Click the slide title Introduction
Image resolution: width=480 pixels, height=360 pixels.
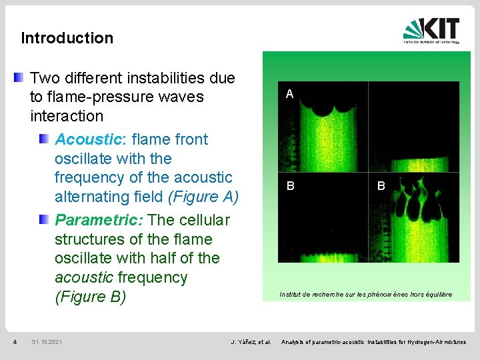(x=67, y=38)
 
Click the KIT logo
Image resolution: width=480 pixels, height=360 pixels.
(x=431, y=30)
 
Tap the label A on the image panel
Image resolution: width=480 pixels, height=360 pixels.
(x=289, y=95)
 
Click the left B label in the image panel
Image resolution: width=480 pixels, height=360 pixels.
(x=290, y=187)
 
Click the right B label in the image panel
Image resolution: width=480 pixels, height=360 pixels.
(x=381, y=187)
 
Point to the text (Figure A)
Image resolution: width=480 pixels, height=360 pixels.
(x=203, y=197)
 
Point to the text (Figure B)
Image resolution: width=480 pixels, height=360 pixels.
(x=90, y=297)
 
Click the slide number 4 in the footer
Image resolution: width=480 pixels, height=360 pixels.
(x=15, y=342)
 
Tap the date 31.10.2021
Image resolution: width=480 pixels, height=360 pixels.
(x=47, y=342)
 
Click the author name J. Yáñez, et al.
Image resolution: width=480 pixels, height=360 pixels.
(x=251, y=342)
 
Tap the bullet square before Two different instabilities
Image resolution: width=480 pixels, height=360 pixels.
(x=19, y=78)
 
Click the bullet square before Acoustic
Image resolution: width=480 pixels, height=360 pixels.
(x=43, y=139)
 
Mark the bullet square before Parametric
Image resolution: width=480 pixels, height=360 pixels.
(x=43, y=219)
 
